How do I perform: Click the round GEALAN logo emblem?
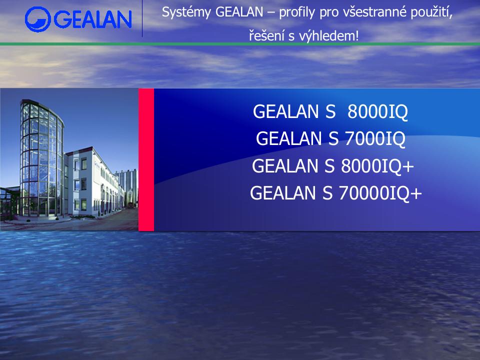point(38,19)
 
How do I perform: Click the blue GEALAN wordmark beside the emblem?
point(93,19)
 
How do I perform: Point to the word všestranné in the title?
point(374,12)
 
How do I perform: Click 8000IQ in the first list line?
point(377,111)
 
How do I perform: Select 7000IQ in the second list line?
point(375,138)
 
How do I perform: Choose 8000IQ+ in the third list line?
point(377,166)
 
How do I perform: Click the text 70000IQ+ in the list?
point(380,193)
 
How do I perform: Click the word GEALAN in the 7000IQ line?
point(288,138)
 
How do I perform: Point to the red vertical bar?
point(146,159)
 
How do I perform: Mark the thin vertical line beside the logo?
point(142,18)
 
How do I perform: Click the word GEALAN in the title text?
point(239,12)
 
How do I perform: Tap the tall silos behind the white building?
point(127,186)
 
